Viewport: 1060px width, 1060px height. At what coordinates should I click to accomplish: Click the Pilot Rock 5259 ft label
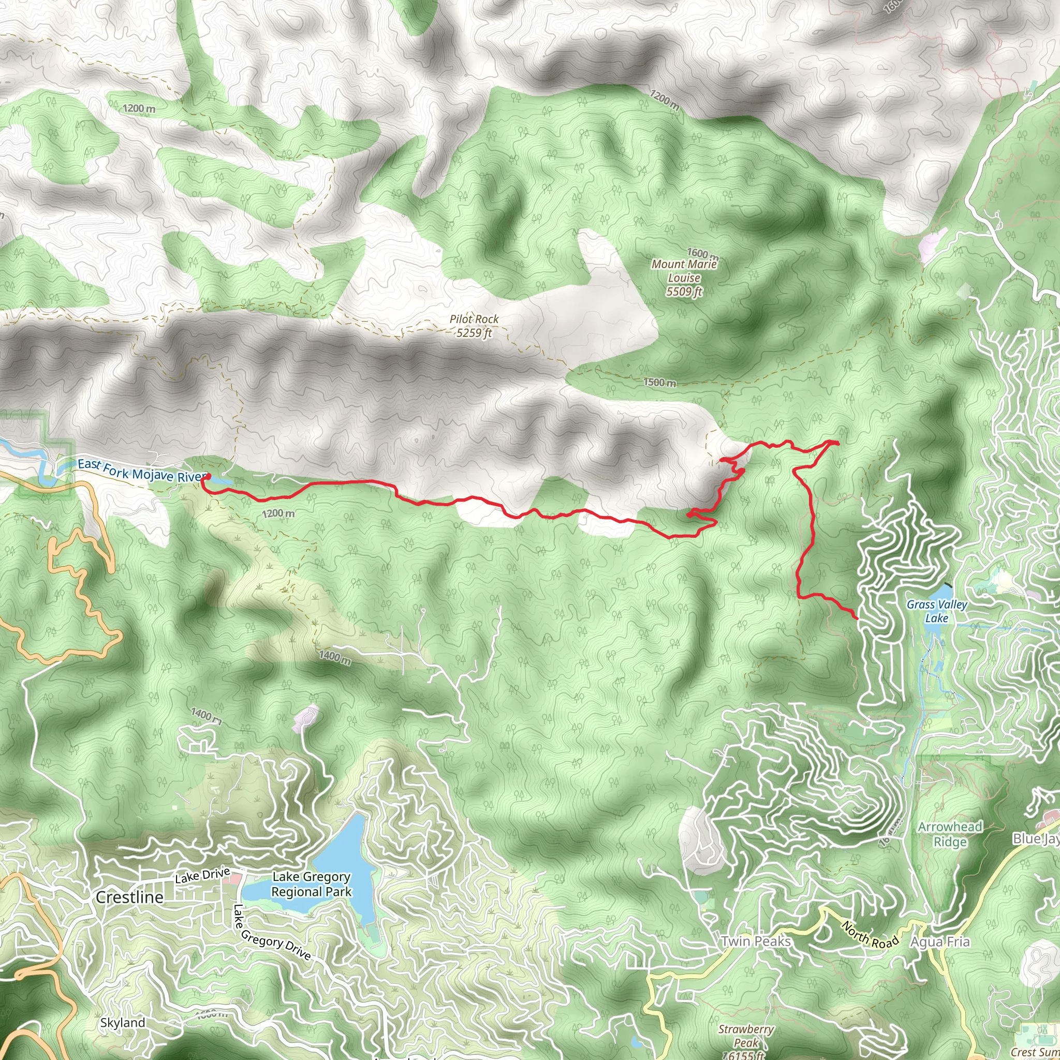tap(474, 326)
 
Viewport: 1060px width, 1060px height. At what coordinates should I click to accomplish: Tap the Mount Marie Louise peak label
tap(684, 277)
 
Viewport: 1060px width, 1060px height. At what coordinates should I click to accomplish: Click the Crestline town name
tap(129, 897)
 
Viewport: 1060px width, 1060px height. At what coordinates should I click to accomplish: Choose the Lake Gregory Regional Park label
tap(312, 885)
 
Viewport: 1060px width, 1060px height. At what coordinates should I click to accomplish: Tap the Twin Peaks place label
tap(756, 941)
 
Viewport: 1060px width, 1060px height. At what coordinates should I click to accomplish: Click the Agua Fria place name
tap(940, 942)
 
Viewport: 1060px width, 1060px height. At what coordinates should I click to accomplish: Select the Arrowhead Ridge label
tap(950, 834)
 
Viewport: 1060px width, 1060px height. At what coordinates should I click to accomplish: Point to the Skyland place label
tap(123, 1023)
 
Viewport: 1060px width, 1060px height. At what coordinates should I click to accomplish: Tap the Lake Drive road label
tap(202, 876)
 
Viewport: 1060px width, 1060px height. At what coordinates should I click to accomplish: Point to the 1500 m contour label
tap(660, 382)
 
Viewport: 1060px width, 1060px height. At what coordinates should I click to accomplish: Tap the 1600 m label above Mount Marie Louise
tap(703, 254)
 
